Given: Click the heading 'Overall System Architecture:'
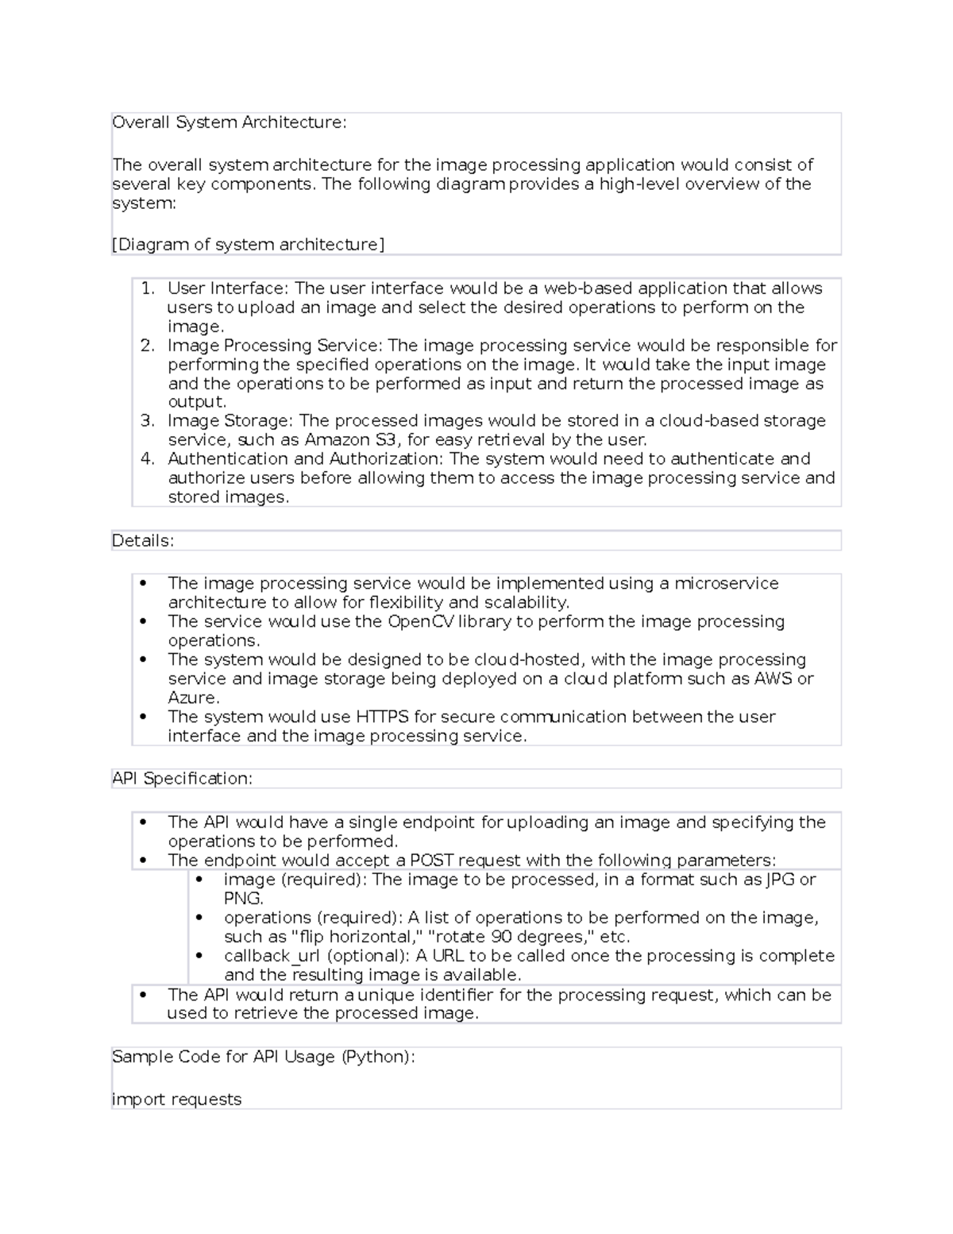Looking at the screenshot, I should [x=229, y=122].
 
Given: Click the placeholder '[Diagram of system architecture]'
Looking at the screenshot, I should [x=248, y=245].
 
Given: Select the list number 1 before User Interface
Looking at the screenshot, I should [x=147, y=288].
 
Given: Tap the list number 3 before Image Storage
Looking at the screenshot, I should [x=147, y=421].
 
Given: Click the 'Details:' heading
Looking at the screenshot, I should [x=142, y=541].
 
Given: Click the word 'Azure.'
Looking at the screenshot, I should [x=193, y=698].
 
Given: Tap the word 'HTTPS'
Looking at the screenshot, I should [x=382, y=717].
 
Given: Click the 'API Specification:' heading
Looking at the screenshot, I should [x=182, y=779].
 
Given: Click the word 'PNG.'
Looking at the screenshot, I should [x=243, y=899].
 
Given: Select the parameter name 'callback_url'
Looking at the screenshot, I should [x=272, y=956].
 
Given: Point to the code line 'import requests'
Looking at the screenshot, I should [x=176, y=1100].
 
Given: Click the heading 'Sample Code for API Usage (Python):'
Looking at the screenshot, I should [x=263, y=1057].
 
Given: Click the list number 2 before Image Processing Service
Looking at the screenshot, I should [x=147, y=346].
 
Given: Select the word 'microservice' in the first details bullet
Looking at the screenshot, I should [x=726, y=583].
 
